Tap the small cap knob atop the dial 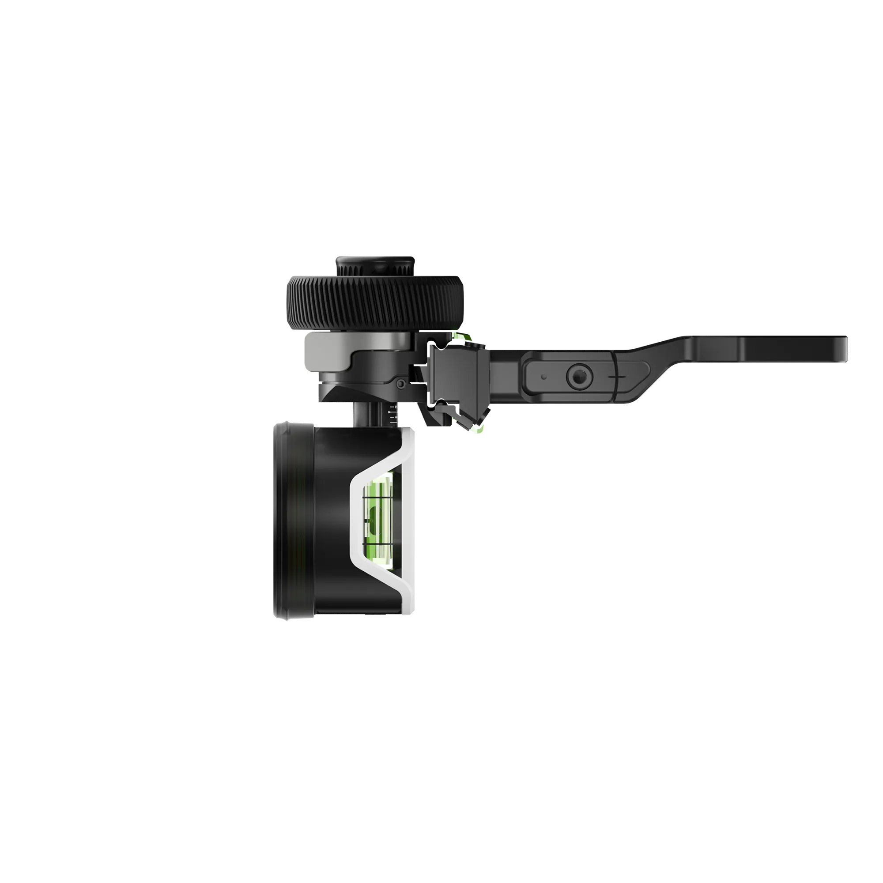(375, 264)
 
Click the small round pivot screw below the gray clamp (400, 384)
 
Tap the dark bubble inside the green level (373, 519)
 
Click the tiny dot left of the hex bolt (543, 377)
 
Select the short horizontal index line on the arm (617, 377)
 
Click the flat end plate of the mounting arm (795, 350)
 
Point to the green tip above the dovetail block (457, 337)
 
